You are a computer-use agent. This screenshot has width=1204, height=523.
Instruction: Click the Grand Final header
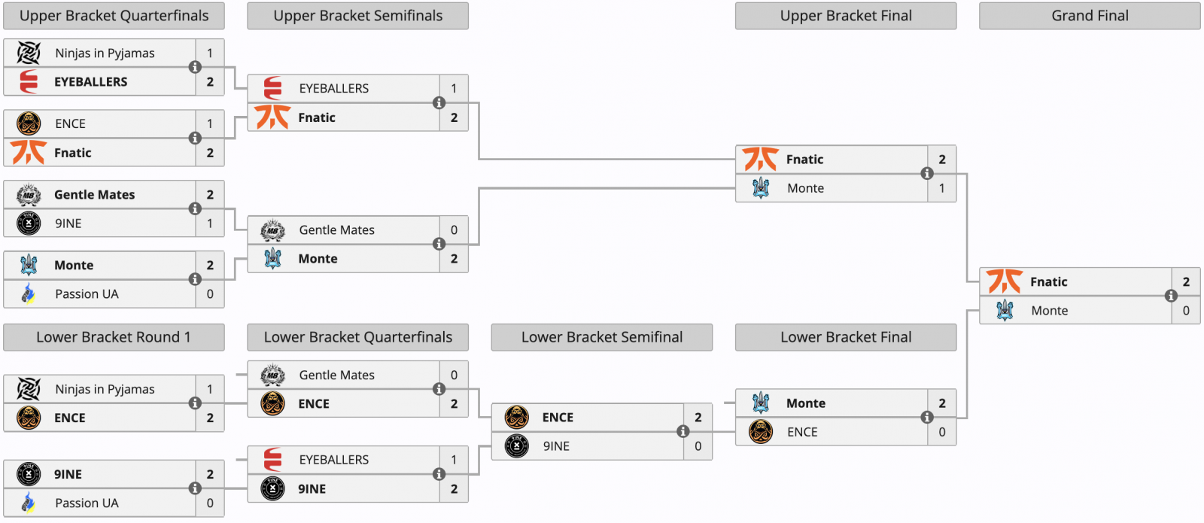tap(1090, 16)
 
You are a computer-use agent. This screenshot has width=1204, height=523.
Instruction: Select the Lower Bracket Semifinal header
tap(601, 337)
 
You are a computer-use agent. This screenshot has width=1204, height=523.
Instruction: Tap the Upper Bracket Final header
tap(846, 16)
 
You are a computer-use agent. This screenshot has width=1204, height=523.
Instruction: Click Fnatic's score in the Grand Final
tap(1186, 281)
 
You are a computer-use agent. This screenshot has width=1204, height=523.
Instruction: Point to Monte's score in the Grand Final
tap(1186, 311)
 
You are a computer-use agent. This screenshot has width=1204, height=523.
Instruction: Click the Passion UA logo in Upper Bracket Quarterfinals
tap(29, 294)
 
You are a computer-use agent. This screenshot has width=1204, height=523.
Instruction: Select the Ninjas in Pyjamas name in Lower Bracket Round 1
tap(105, 389)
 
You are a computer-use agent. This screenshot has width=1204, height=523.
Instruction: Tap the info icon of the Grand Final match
tap(1171, 296)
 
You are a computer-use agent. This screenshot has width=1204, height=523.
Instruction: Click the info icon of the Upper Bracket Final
tap(926, 173)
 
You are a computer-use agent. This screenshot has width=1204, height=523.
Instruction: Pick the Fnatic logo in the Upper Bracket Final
tap(760, 159)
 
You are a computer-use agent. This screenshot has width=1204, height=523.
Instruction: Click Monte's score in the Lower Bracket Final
tap(941, 403)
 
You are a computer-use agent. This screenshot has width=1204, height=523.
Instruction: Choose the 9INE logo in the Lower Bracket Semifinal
tap(516, 446)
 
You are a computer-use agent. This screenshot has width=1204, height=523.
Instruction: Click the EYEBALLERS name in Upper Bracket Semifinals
tap(334, 88)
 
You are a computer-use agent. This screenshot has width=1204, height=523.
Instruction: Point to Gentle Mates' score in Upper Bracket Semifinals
tap(454, 230)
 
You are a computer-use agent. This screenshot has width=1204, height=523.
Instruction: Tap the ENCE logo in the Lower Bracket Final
tap(761, 432)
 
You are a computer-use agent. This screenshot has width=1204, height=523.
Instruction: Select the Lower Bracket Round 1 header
tap(114, 337)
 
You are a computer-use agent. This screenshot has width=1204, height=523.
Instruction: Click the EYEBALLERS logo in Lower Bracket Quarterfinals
tap(272, 460)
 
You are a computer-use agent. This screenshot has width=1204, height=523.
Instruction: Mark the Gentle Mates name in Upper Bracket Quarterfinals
tap(95, 195)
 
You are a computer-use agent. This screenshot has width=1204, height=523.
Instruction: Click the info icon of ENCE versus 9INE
tap(683, 431)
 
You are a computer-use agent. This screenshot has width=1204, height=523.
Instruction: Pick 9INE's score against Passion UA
tap(210, 474)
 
